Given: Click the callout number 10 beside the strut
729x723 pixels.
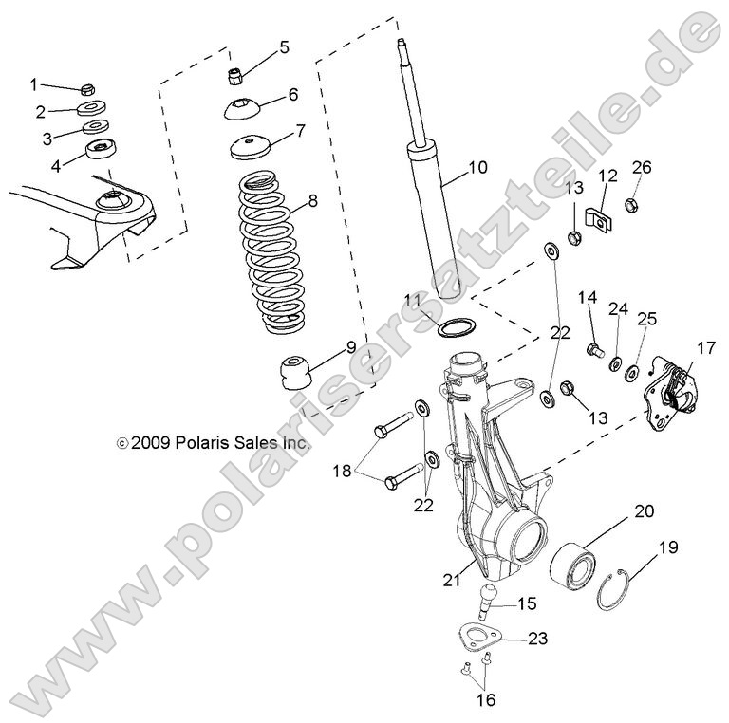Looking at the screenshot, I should [x=477, y=168].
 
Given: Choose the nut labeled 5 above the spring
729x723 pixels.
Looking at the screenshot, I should [x=238, y=71].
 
